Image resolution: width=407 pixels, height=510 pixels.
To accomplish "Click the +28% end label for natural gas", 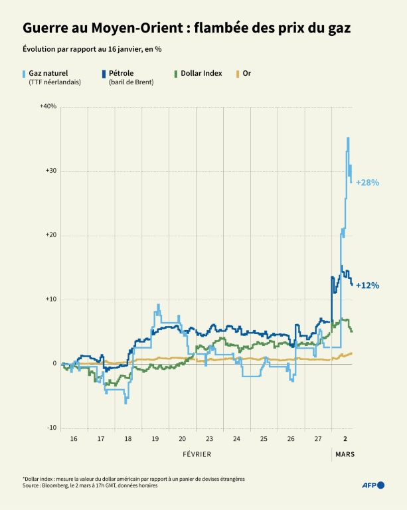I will click(367, 183).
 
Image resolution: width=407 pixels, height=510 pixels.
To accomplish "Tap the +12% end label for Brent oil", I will click(367, 286).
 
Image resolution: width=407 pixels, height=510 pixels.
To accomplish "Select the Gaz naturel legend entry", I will click(48, 73).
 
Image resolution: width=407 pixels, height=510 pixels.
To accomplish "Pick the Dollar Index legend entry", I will click(201, 73).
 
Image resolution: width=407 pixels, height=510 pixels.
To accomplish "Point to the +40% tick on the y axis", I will click(48, 107).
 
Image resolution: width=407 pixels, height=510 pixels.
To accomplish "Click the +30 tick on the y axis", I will click(50, 171).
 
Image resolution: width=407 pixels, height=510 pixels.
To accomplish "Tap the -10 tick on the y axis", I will click(51, 428).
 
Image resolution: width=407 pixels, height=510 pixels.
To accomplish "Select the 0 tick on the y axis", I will click(55, 364).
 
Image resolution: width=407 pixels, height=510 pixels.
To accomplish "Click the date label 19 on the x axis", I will click(155, 440).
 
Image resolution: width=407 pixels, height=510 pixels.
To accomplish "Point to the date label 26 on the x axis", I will click(291, 440).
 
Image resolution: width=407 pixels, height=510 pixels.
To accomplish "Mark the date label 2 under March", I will click(345, 440).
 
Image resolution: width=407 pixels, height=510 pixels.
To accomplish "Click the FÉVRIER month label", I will click(197, 454).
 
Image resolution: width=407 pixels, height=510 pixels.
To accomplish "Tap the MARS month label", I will click(345, 454).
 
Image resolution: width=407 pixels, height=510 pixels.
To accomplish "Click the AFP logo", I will click(372, 485).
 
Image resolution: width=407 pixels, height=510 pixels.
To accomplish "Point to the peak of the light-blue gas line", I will click(348, 138).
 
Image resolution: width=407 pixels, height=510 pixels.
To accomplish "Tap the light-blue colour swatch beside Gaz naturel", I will click(25, 73).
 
